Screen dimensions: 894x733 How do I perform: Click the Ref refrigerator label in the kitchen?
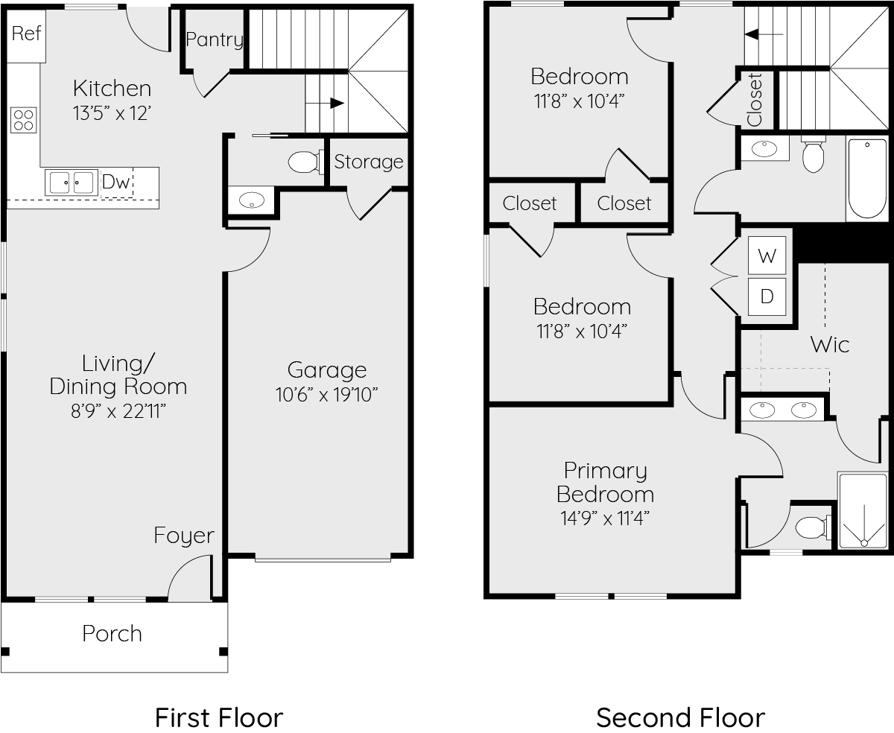[26, 33]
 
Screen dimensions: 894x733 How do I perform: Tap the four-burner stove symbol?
[24, 120]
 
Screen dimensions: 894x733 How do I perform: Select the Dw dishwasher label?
[115, 182]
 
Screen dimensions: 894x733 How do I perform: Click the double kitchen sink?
[72, 183]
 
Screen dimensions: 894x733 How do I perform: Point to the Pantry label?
[215, 39]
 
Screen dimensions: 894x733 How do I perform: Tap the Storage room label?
[368, 162]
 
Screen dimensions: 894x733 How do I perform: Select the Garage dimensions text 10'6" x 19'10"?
[326, 394]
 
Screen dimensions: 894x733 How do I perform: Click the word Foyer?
[184, 536]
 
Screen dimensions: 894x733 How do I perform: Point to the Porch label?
[112, 634]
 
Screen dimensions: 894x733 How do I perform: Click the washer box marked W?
[767, 256]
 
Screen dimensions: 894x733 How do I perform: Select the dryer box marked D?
[767, 296]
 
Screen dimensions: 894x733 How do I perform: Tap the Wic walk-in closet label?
[830, 344]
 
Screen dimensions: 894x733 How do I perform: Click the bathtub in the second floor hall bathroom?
[867, 179]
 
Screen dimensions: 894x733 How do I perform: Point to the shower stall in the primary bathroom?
[863, 510]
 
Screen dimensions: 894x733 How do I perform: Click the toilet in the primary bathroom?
[813, 527]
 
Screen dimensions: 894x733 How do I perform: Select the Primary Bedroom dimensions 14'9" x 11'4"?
[605, 518]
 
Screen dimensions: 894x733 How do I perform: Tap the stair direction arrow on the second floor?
[764, 34]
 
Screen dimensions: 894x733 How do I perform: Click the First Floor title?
[219, 718]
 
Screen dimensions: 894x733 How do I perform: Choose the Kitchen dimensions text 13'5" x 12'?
[112, 113]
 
